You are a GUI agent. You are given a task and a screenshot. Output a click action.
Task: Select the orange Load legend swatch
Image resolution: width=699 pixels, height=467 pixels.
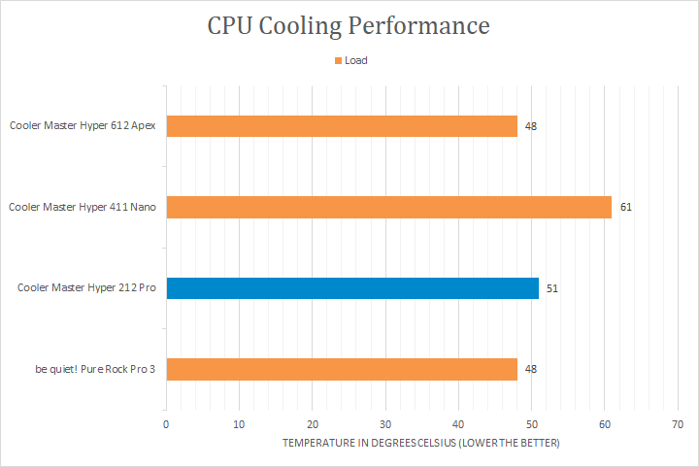(338, 60)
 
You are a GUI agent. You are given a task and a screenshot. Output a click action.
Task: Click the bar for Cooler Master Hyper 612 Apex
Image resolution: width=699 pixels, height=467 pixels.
(342, 126)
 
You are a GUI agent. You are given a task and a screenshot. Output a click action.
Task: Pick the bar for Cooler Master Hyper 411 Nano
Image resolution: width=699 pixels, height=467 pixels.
(388, 207)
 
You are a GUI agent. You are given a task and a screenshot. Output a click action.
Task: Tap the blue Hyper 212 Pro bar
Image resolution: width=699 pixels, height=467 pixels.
(352, 287)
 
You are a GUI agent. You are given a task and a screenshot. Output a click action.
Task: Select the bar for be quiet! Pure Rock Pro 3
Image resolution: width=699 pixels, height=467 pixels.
(342, 369)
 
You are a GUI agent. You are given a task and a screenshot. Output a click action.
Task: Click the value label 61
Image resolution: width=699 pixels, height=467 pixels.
(626, 207)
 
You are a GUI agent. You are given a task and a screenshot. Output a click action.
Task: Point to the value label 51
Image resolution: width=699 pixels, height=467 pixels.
(552, 288)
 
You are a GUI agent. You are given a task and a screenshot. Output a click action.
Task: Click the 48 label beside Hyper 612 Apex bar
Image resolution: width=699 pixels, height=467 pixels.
(531, 126)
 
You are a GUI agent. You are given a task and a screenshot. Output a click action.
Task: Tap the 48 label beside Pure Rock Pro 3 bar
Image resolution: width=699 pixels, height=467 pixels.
(531, 369)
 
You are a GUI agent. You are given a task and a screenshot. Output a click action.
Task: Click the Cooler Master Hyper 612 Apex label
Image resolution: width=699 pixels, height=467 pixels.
(83, 125)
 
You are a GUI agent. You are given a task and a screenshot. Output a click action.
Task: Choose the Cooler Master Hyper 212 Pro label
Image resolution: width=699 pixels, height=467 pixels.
(86, 288)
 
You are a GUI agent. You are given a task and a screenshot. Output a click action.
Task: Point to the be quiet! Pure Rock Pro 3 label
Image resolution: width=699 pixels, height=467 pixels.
(92, 369)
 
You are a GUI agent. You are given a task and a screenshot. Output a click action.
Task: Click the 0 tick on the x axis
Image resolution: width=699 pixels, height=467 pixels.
(166, 424)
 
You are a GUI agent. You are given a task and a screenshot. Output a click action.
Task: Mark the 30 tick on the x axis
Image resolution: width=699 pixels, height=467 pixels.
(385, 424)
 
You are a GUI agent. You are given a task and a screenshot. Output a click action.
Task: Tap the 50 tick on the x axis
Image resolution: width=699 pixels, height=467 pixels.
(531, 424)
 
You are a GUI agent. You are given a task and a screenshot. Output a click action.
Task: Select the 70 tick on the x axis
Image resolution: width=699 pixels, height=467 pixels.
(678, 424)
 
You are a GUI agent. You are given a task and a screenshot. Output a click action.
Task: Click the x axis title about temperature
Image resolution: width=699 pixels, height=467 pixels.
(421, 443)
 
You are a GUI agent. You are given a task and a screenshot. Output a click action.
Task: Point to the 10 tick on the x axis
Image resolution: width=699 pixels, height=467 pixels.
(239, 424)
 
